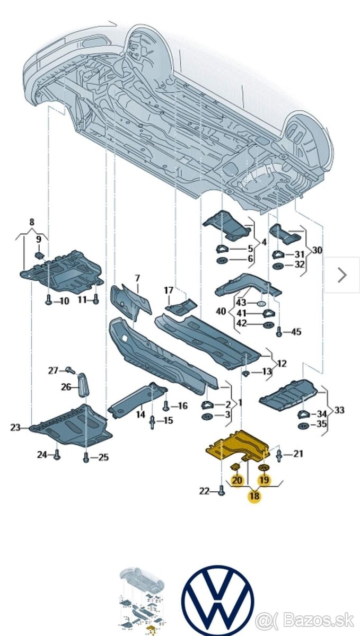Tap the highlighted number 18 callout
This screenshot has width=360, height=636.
point(254,496)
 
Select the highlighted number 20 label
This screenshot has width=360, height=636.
point(237,480)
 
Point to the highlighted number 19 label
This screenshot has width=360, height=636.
point(264,480)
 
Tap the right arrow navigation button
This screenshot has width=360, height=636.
point(342,275)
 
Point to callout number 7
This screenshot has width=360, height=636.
point(137,278)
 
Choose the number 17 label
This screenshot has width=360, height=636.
point(168,290)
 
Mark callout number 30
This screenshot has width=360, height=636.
point(317,250)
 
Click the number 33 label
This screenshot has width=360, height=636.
point(339,409)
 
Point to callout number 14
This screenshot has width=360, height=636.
point(140,414)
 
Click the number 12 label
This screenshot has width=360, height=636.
point(282,363)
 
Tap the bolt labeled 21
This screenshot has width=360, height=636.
point(279,454)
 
